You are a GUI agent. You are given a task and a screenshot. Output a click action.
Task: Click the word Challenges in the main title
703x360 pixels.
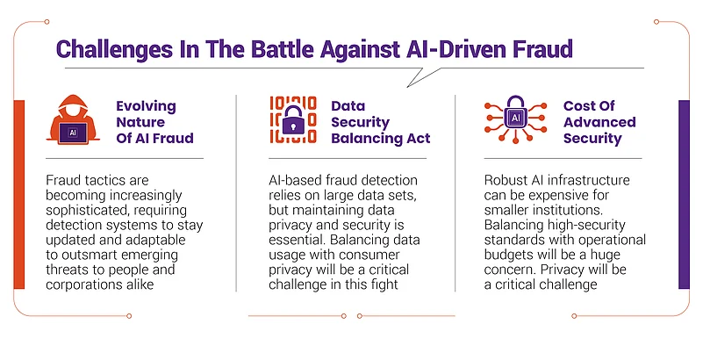114,49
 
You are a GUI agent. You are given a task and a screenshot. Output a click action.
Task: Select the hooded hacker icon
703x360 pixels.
73,119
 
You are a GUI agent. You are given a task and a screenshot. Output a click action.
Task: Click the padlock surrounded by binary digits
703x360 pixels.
293,119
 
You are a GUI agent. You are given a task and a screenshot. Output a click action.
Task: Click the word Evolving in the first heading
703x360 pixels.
147,106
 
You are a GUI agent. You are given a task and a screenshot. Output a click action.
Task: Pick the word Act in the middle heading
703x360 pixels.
419,139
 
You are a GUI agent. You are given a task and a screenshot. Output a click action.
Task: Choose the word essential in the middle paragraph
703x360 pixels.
298,240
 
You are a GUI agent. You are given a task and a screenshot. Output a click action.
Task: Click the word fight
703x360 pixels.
385,285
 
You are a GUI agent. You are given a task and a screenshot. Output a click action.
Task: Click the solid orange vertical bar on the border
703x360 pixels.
19,195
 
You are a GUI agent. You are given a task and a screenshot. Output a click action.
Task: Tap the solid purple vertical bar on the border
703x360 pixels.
684,195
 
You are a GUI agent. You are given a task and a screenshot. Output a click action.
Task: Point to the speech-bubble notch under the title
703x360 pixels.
421,77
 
